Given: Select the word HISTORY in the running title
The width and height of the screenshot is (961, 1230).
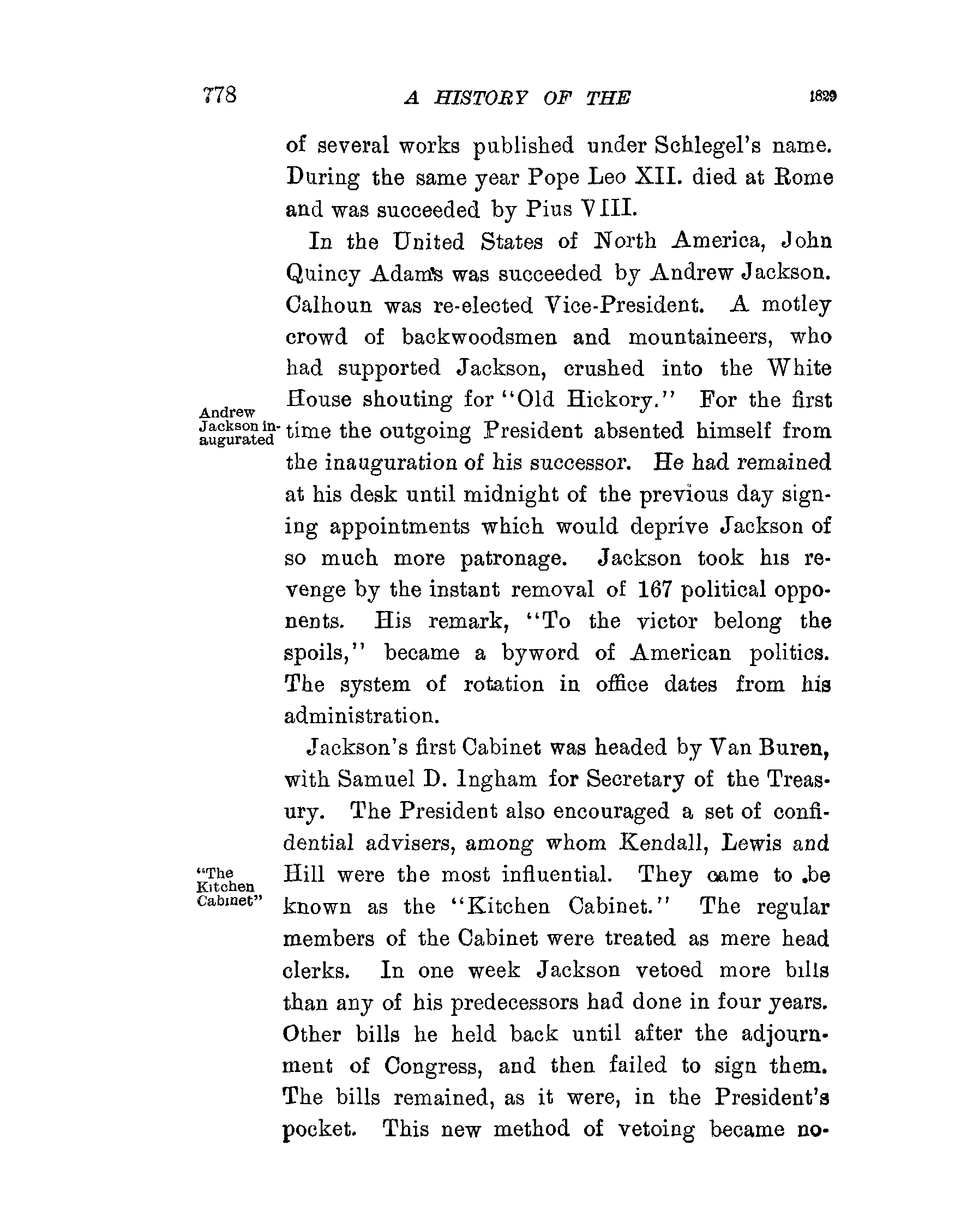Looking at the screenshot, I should coord(481,98).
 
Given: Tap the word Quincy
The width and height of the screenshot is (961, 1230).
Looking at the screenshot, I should coord(323,274).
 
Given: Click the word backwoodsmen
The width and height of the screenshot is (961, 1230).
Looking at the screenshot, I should coord(479,337).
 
